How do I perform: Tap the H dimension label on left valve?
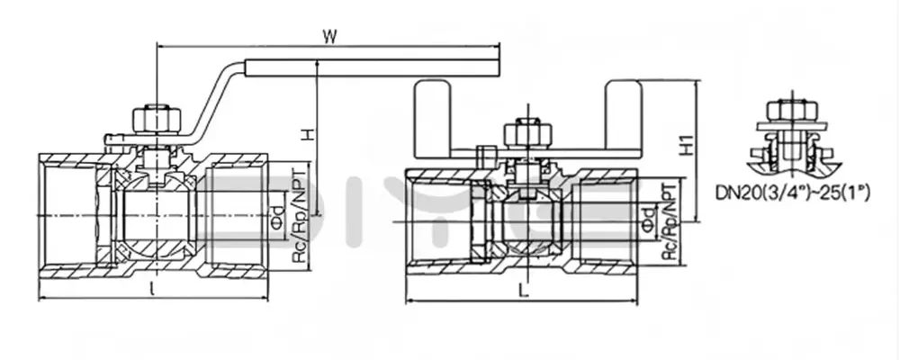click(x=308, y=134)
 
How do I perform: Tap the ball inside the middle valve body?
click(x=522, y=220)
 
